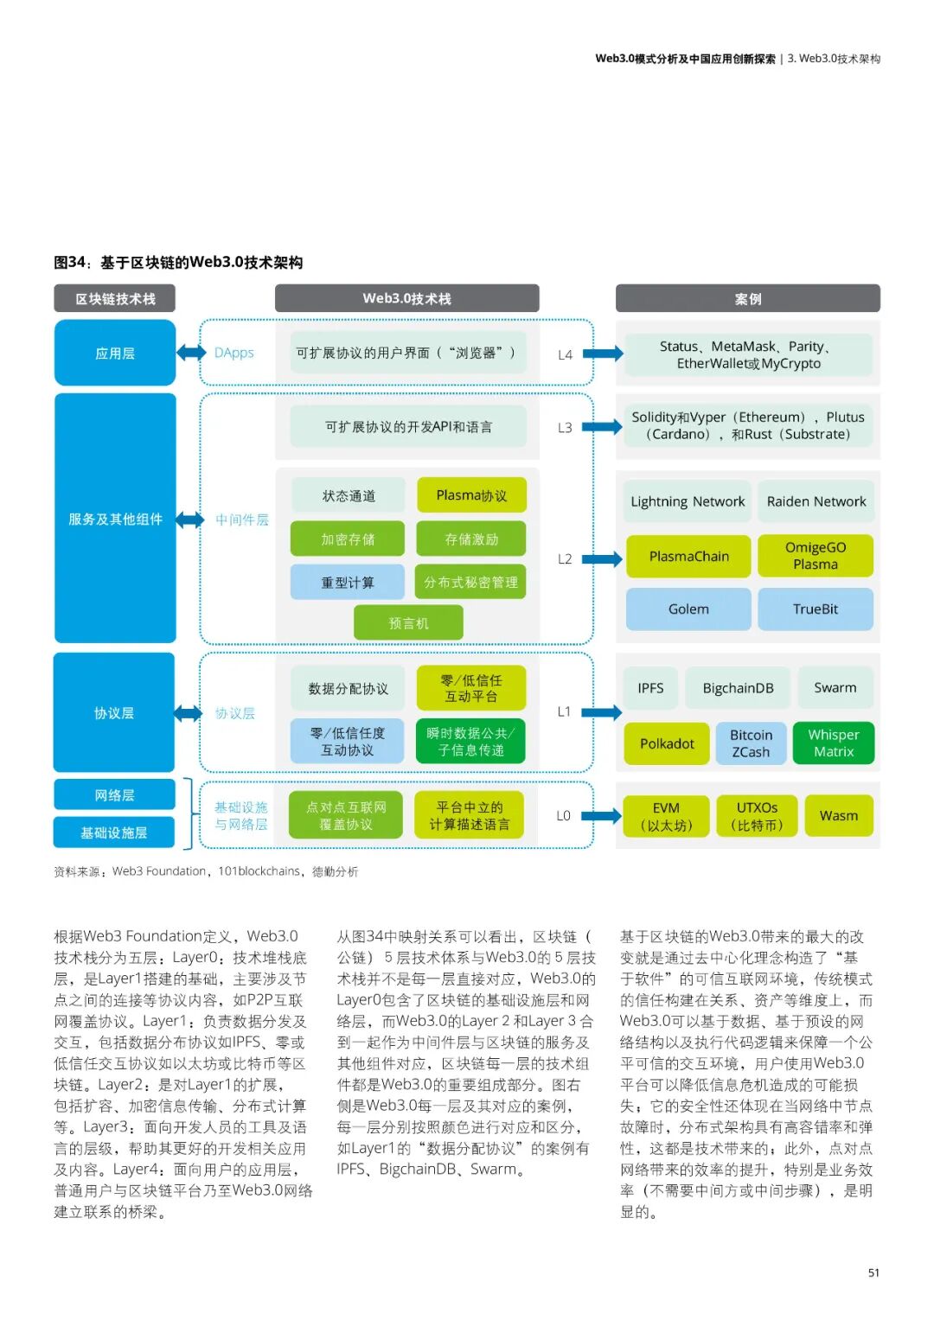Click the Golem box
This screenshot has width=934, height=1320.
[688, 609]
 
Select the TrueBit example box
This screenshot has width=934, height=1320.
[815, 609]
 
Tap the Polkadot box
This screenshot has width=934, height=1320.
[667, 743]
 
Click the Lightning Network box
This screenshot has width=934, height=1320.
[688, 501]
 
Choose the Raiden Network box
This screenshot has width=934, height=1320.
[816, 501]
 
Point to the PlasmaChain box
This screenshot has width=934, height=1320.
[688, 557]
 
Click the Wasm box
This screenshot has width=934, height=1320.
[838, 816]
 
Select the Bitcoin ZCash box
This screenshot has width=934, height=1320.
[751, 743]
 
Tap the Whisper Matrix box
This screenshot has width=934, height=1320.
[834, 743]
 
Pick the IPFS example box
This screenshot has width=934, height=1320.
[650, 688]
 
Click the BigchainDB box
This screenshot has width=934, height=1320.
[738, 688]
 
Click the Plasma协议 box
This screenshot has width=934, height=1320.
[471, 495]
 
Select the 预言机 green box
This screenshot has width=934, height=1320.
[408, 623]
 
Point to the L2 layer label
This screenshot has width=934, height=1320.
[565, 559]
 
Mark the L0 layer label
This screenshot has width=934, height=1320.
[564, 816]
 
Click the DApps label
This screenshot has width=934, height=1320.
[234, 353]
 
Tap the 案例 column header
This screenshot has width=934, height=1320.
[748, 299]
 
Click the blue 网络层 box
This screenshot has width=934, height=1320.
[114, 795]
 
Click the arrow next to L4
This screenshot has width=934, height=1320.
[604, 354]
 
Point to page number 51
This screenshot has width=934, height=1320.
[873, 1272]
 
